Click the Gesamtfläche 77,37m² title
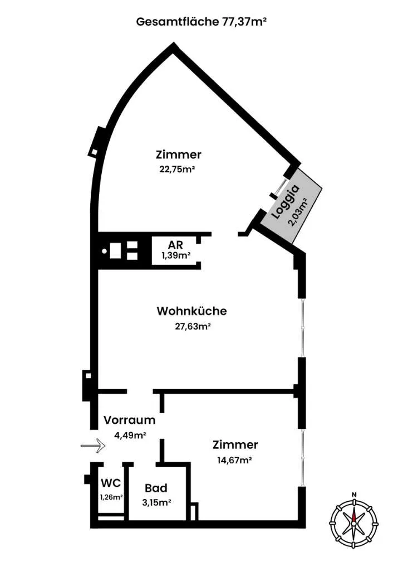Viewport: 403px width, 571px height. tap(202, 22)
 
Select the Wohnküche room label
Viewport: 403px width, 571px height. tap(192, 311)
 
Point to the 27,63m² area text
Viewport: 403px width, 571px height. tap(193, 326)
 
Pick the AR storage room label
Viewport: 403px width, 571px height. tap(175, 244)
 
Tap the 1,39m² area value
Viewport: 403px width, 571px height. tap(176, 255)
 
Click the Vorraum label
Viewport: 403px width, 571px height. tap(129, 420)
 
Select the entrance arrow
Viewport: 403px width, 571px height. tap(93, 445)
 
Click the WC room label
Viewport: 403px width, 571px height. tap(111, 483)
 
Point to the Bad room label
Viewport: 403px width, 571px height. tap(156, 488)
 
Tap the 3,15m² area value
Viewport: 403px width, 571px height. tap(156, 503)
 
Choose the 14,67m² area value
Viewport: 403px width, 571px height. tap(235, 460)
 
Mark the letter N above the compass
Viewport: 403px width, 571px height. tap(353, 495)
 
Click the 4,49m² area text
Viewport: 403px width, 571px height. tap(130, 435)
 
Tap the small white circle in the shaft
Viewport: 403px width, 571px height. tap(105, 251)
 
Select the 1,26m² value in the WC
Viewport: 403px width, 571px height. tap(111, 497)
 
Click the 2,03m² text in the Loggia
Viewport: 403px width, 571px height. tap(298, 212)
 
